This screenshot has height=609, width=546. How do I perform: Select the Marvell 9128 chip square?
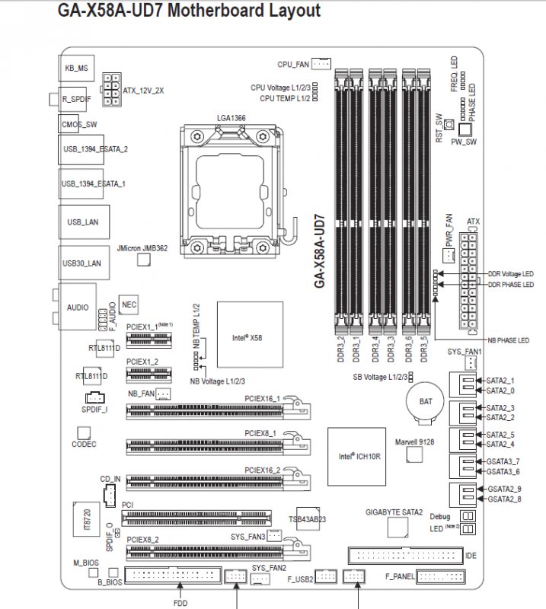(x=414, y=454)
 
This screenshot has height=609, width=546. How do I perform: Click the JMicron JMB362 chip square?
(x=142, y=260)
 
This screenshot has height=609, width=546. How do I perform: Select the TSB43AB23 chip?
(x=308, y=518)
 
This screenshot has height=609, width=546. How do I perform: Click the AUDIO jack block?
(x=78, y=308)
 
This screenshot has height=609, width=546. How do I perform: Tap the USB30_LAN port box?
(x=81, y=263)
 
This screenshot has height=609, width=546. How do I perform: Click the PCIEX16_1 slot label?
(x=262, y=398)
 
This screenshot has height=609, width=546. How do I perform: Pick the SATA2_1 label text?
(x=500, y=380)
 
